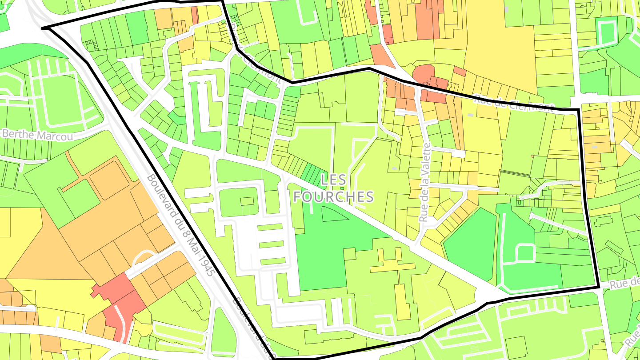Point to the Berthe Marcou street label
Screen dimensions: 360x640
pyautogui.click(x=37, y=135)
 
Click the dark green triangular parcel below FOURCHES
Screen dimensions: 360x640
pyautogui.click(x=334, y=214)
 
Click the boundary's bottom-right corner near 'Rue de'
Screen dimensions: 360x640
pyautogui.click(x=599, y=288)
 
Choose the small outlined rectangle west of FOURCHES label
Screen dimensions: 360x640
pyautogui.click(x=247, y=201)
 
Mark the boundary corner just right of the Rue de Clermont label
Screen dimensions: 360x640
pyautogui.click(x=578, y=109)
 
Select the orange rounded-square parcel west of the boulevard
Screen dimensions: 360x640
pyautogui.click(x=109, y=180)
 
